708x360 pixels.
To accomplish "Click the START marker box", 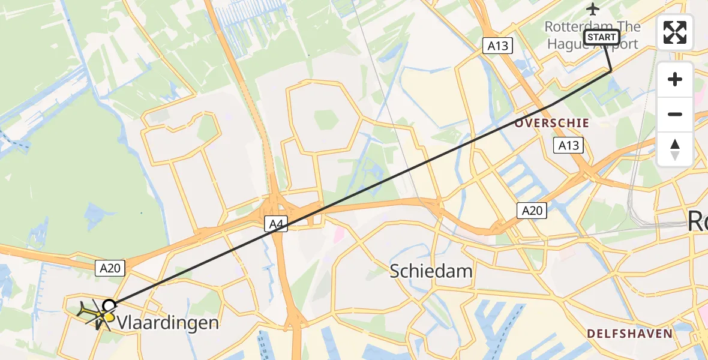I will [x=602, y=37].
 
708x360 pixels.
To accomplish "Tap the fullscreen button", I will [x=675, y=32].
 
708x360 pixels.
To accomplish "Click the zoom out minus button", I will [x=675, y=114].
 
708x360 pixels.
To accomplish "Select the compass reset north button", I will [x=675, y=149].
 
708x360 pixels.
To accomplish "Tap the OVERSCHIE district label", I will [x=551, y=122].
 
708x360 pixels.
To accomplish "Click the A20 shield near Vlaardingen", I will [x=110, y=268].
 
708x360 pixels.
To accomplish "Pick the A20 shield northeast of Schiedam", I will [x=532, y=210].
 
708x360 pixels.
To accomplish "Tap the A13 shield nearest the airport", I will [x=498, y=46].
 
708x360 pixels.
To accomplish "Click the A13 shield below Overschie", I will [x=568, y=145].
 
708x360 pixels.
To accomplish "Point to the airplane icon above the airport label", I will [x=593, y=9].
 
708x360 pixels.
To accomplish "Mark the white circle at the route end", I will [x=109, y=304].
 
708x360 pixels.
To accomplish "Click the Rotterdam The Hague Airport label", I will [x=592, y=35].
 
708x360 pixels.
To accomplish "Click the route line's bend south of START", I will [x=611, y=71].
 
